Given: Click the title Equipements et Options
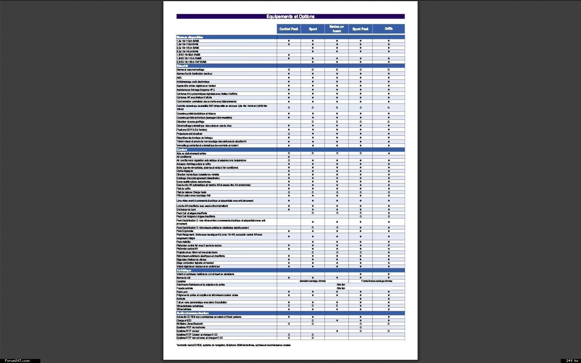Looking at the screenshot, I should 290,17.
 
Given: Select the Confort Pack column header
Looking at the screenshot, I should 289,29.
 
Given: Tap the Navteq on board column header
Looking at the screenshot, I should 336,29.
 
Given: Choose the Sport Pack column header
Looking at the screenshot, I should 360,29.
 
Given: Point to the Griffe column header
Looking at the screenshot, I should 389,29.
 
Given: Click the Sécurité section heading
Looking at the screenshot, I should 182,66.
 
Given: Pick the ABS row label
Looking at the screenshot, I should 179,78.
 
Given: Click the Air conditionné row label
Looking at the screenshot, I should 184,157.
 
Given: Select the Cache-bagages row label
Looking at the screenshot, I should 185,171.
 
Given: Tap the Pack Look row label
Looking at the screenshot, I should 182,292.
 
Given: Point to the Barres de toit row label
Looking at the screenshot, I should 184,278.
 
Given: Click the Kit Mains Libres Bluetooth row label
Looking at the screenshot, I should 190,324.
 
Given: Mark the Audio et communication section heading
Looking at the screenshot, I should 192,313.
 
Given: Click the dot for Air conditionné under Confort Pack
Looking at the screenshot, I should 289,157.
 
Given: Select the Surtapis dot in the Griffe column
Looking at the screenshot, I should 389,299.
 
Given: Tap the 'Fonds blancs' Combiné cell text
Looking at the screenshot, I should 376,281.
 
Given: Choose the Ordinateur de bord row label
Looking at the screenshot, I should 186,210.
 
